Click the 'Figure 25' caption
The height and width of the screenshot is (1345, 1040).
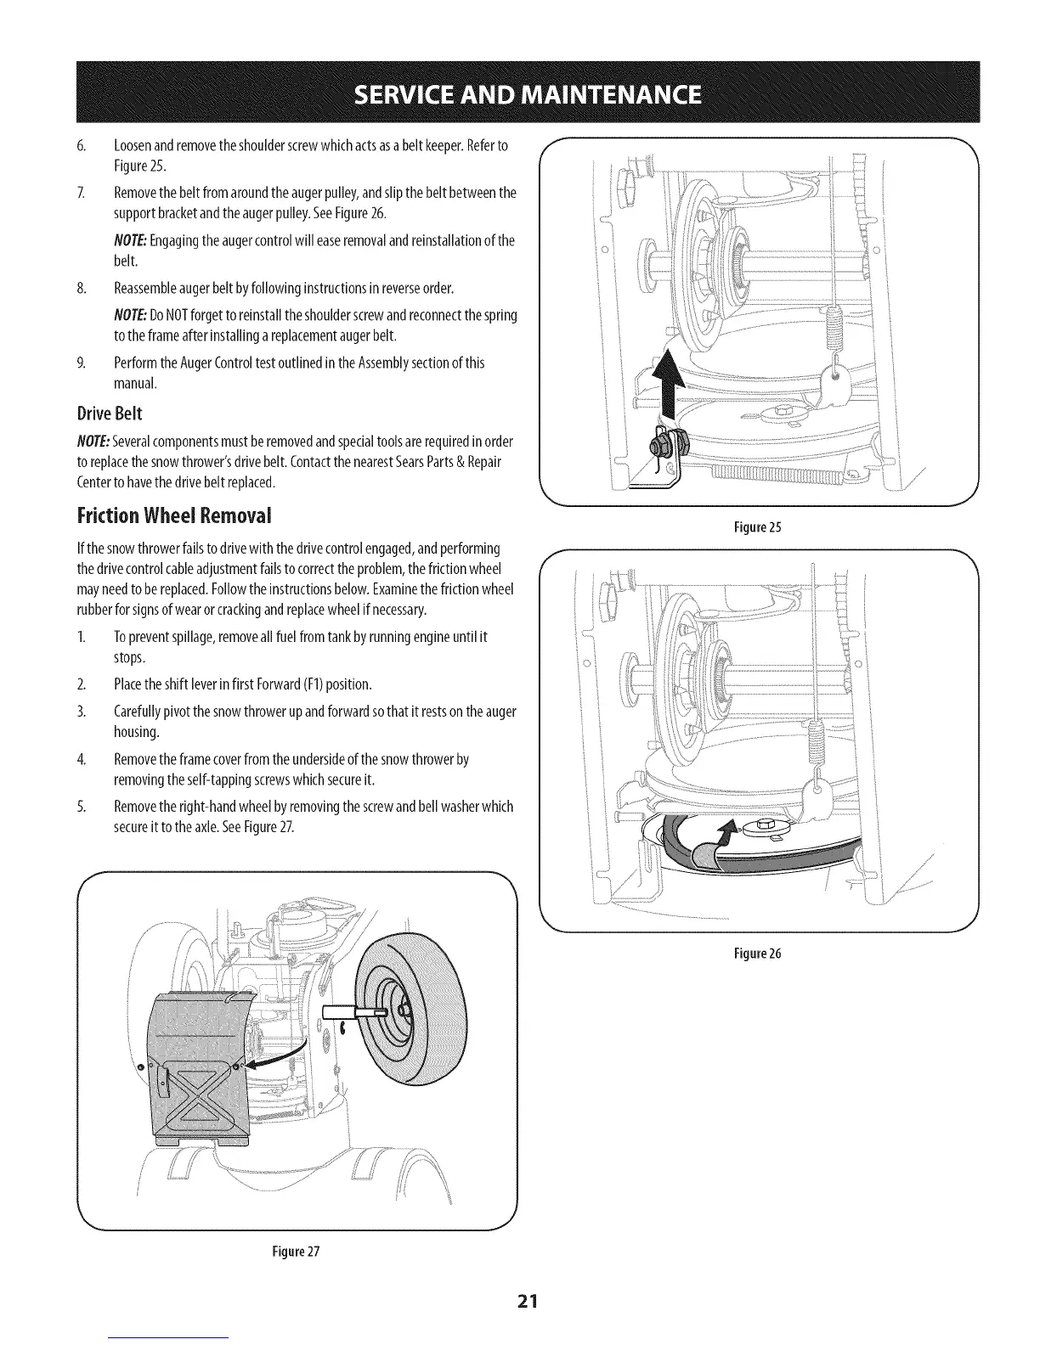(756, 527)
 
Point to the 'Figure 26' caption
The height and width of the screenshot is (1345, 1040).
(756, 953)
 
